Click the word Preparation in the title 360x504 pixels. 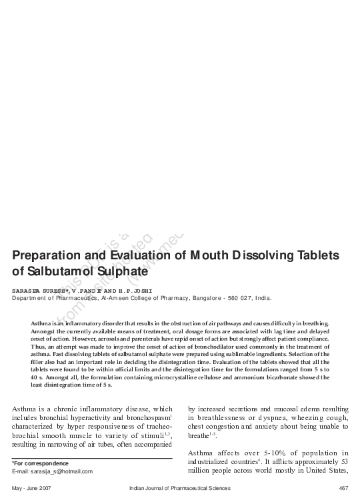click(x=50, y=255)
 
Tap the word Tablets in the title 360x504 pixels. click(x=313, y=255)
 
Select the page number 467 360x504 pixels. click(x=344, y=489)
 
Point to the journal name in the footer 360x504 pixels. click(x=180, y=489)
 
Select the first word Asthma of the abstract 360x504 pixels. click(x=41, y=323)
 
